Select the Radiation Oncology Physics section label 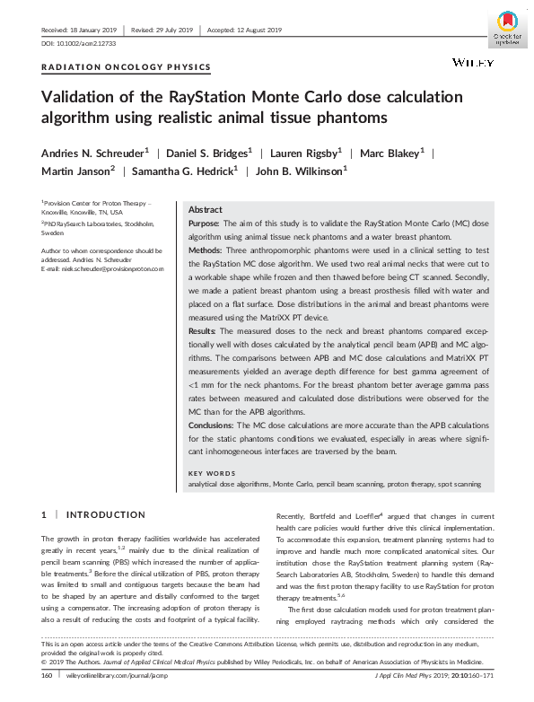[127, 67]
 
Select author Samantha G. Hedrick [171, 171]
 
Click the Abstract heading [206, 208]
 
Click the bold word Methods [206, 253]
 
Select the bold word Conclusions [211, 425]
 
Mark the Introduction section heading [106, 515]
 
